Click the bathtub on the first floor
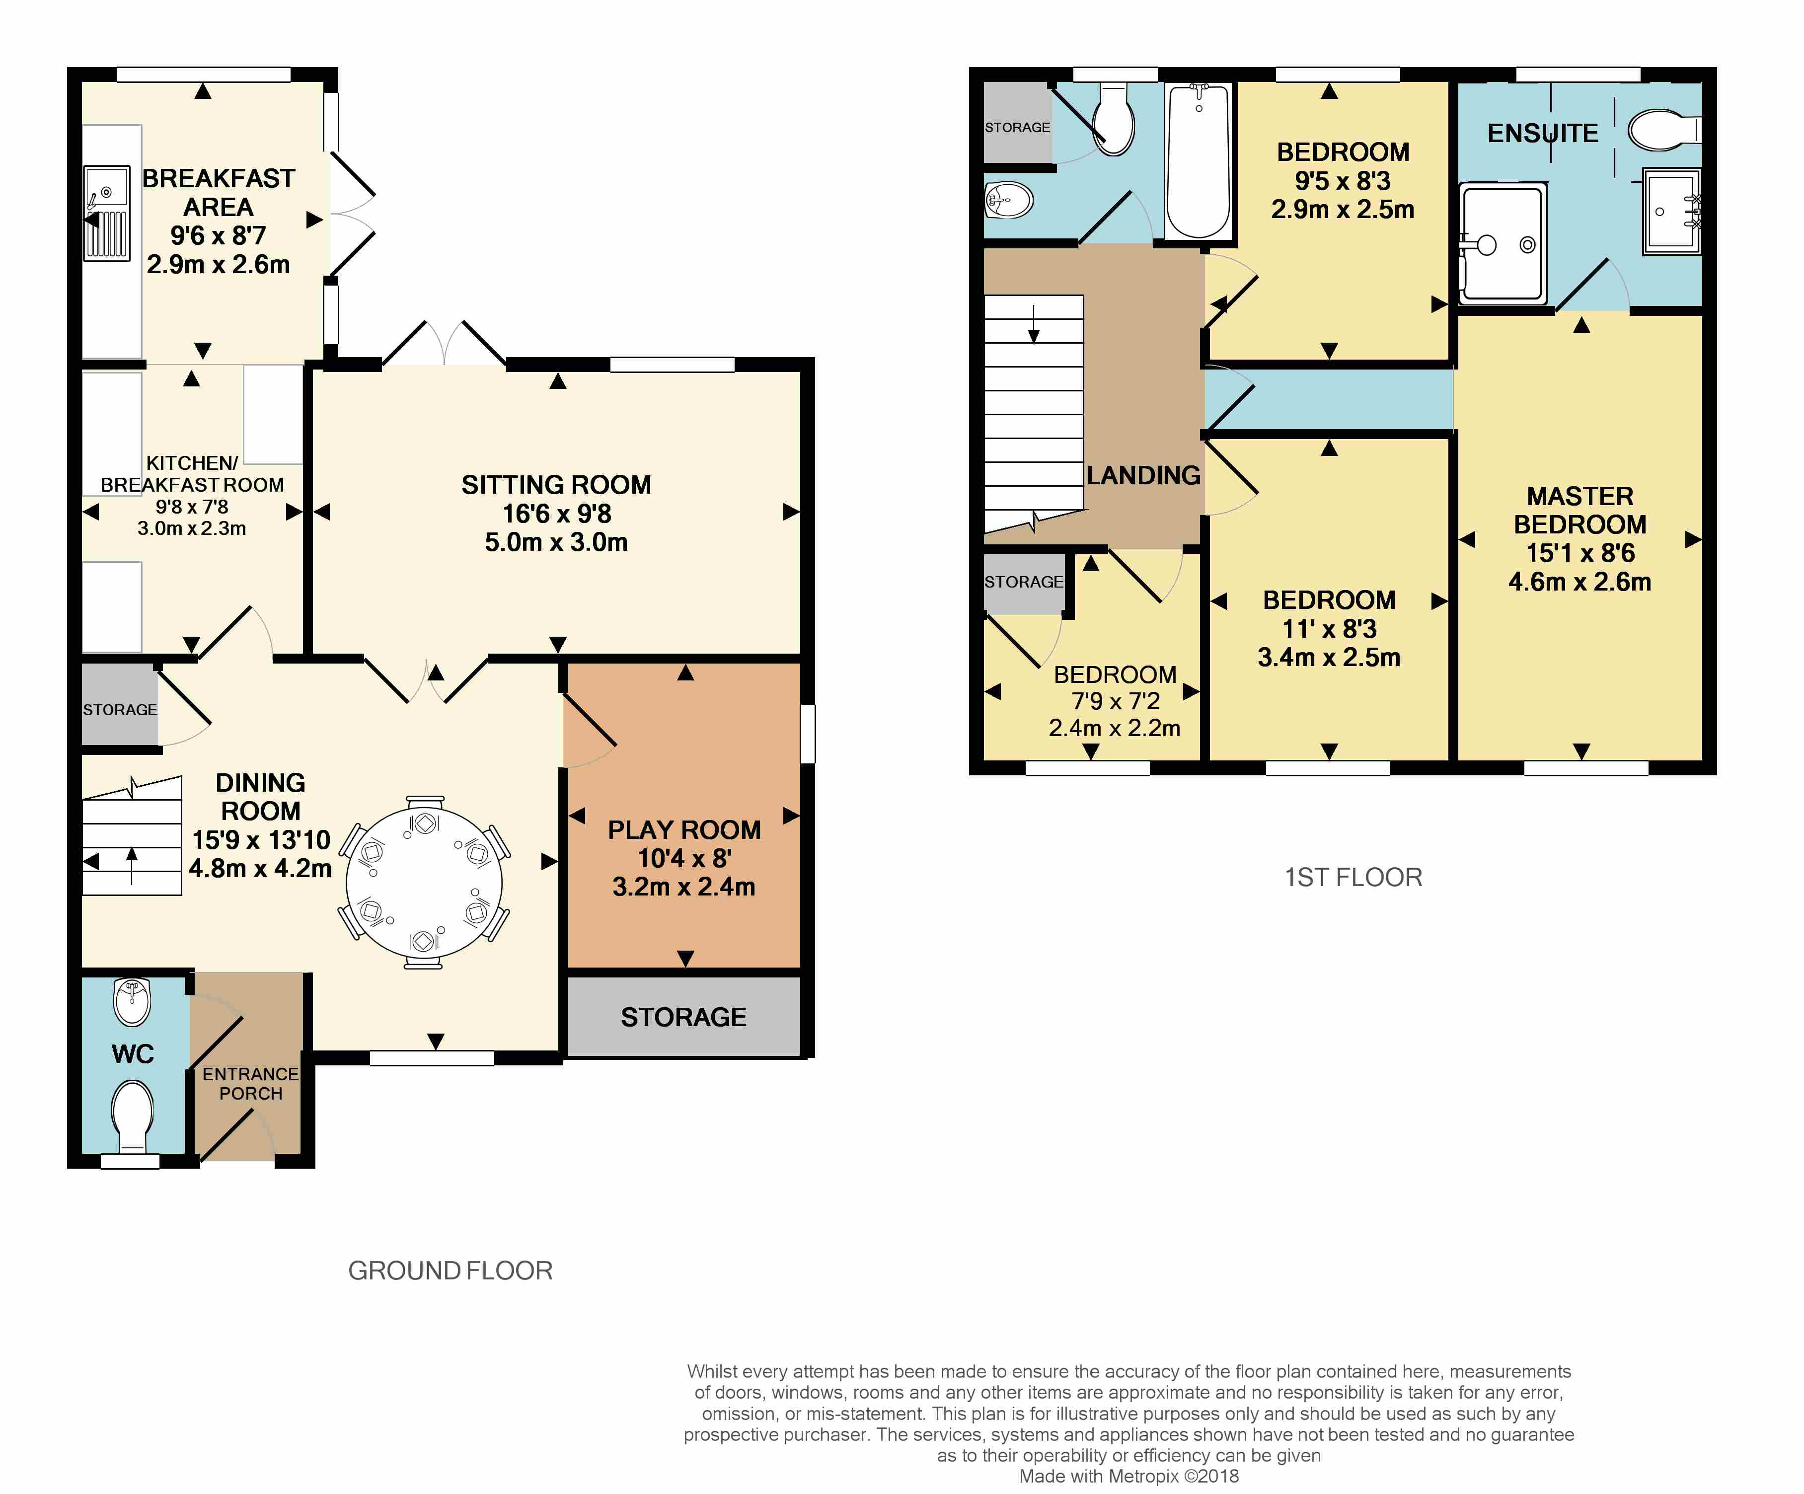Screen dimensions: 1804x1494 [1199, 160]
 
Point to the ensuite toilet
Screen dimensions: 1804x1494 [1664, 130]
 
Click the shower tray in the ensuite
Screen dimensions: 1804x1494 [1503, 243]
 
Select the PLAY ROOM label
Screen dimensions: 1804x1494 [684, 830]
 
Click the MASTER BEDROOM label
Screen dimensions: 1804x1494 [1580, 510]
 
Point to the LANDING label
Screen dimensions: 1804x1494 [1143, 475]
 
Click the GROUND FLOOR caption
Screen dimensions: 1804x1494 [450, 1270]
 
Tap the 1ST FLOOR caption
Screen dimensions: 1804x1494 [1353, 877]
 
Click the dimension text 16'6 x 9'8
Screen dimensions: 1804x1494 [557, 514]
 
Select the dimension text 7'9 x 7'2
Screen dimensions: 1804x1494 [1115, 701]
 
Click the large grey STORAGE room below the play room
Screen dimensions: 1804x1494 [684, 1016]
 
